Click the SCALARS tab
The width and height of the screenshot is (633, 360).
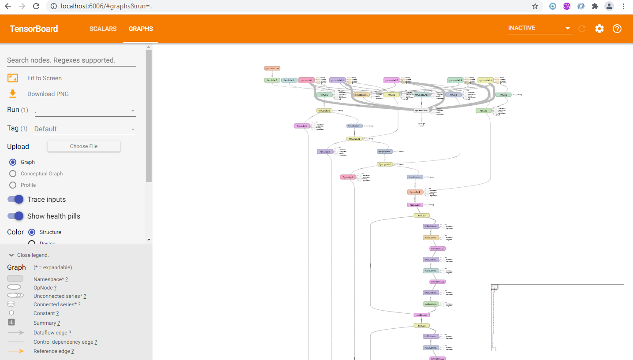[103, 29]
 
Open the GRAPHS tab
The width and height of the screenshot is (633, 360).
[141, 29]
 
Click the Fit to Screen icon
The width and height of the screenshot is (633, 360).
[13, 78]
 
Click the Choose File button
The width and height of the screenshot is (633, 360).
[84, 146]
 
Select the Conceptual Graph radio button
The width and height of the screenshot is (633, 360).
[13, 174]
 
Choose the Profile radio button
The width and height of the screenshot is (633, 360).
[13, 185]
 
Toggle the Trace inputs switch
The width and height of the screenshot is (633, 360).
[15, 200]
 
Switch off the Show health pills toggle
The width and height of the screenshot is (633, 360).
[15, 216]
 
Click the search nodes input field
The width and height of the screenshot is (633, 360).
[71, 60]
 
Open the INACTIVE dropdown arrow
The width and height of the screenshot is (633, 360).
[567, 29]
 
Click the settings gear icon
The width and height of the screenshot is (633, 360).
[599, 29]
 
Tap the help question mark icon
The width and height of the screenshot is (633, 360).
[617, 29]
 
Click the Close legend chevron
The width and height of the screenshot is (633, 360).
[11, 255]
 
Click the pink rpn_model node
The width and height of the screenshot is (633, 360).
[306, 80]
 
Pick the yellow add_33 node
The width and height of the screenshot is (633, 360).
[421, 215]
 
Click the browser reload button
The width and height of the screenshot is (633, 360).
[36, 6]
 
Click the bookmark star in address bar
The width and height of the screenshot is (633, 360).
[535, 6]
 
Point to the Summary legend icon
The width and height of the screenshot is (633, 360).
[11, 323]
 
